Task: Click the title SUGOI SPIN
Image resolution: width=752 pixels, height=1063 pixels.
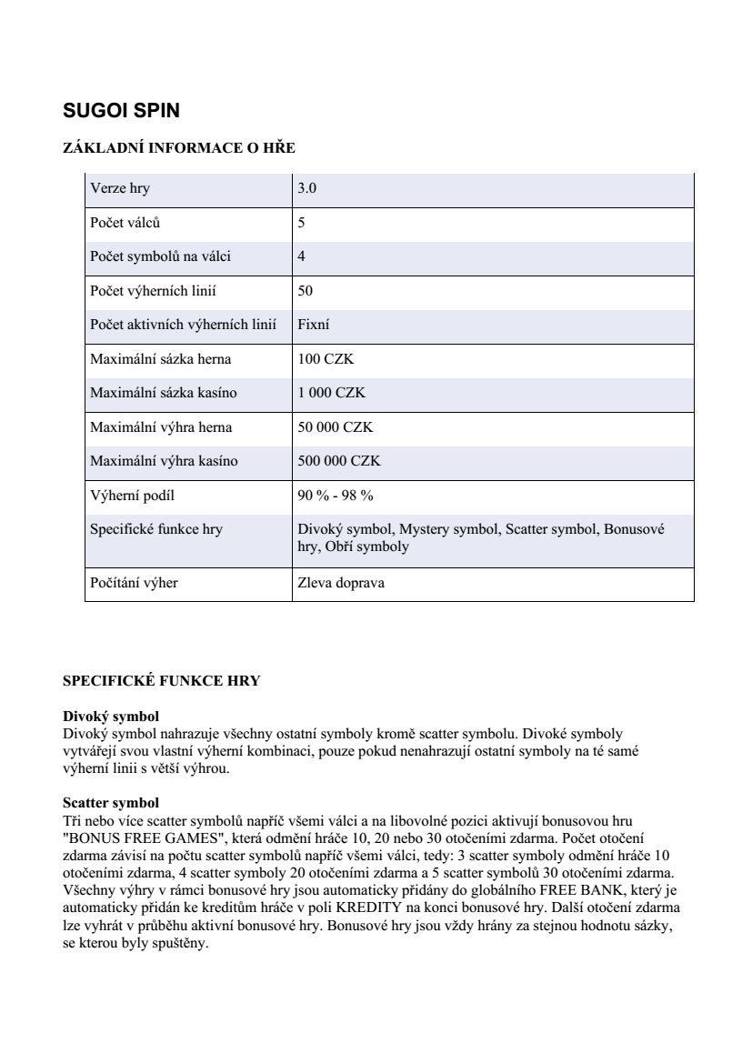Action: click(x=121, y=111)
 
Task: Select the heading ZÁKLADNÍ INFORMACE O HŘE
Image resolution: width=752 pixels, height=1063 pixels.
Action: click(x=178, y=148)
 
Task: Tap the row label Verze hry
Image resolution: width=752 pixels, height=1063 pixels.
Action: click(x=120, y=189)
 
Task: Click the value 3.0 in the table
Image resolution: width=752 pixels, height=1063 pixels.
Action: click(x=307, y=189)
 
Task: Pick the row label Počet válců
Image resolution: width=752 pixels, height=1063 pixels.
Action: click(x=125, y=223)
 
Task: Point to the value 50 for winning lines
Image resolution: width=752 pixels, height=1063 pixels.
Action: click(x=306, y=291)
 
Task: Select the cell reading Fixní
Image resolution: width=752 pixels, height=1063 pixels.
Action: click(x=314, y=325)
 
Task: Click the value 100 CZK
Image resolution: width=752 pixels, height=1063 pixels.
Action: click(x=326, y=359)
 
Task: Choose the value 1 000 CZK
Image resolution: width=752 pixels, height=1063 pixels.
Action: click(x=331, y=393)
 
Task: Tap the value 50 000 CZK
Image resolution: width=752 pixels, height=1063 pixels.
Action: click(x=335, y=427)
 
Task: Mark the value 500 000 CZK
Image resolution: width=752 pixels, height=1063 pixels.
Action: click(x=339, y=461)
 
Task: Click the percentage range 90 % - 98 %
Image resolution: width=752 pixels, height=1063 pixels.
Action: click(x=336, y=496)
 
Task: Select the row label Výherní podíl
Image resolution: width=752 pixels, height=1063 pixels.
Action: click(x=132, y=496)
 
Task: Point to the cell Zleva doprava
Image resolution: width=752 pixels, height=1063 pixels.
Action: click(x=341, y=583)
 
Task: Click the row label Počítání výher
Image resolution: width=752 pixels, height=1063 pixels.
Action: click(x=134, y=583)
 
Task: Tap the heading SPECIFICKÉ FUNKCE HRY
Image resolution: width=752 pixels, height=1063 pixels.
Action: click(x=161, y=681)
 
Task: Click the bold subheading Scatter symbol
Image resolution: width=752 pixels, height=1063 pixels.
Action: click(x=111, y=803)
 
